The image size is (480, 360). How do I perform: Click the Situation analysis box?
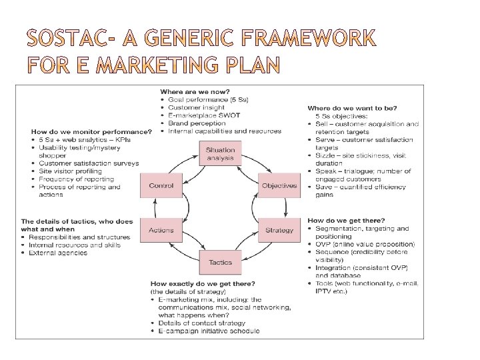pos(220,153)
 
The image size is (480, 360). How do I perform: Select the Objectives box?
pos(279,185)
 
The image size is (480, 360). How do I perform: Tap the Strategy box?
pos(279,230)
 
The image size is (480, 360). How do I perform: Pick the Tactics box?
pos(220,262)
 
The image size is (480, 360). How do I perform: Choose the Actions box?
pos(161,230)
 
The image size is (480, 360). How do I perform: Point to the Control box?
pos(161,185)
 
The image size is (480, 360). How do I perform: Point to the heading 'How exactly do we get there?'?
pos(202,283)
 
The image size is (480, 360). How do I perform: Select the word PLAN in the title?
pos(253,66)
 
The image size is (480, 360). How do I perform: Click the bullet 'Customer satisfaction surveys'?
pos(89,163)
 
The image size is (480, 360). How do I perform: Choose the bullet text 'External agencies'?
pos(59,253)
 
